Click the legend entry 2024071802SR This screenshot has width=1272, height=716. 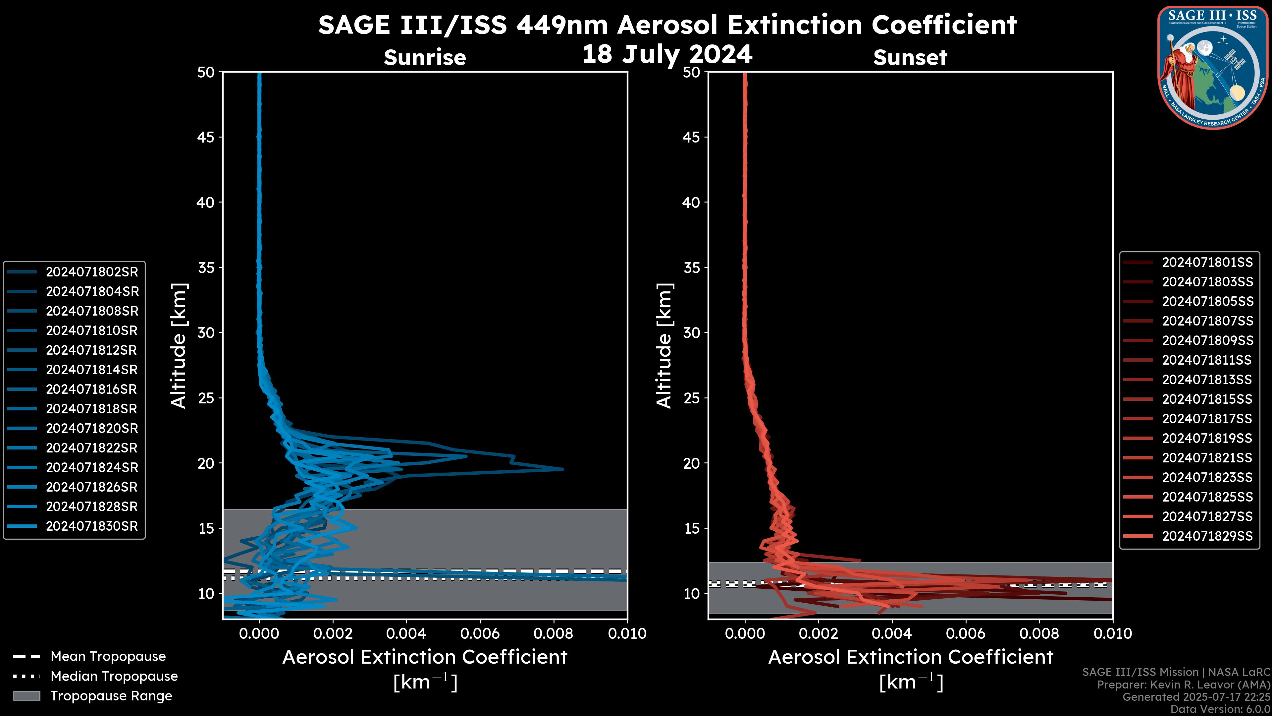pyautogui.click(x=92, y=272)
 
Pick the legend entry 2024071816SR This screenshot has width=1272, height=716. pyautogui.click(x=91, y=389)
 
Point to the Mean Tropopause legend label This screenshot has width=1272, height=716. pyautogui.click(x=108, y=656)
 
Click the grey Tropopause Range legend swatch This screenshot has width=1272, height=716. pyautogui.click(x=26, y=696)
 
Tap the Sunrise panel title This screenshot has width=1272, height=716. pyautogui.click(x=425, y=57)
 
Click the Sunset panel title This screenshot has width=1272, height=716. pyautogui.click(x=910, y=57)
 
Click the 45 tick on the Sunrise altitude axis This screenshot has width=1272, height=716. pyautogui.click(x=206, y=137)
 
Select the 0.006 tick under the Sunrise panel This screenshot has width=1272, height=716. pyautogui.click(x=479, y=633)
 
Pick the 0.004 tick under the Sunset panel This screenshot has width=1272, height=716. pyautogui.click(x=892, y=633)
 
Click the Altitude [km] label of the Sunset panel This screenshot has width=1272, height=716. pyautogui.click(x=664, y=346)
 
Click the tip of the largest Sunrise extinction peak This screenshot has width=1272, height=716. pyautogui.click(x=562, y=469)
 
